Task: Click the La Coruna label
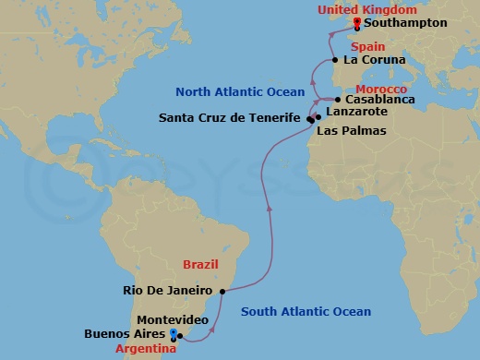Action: pyautogui.click(x=374, y=60)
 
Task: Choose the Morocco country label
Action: pyautogui.click(x=380, y=88)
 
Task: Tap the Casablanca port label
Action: pyautogui.click(x=380, y=100)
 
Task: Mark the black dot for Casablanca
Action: pyautogui.click(x=339, y=100)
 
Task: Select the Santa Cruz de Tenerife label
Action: pyautogui.click(x=230, y=118)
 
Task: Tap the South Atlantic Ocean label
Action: pyautogui.click(x=306, y=312)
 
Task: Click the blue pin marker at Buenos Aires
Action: pyautogui.click(x=173, y=331)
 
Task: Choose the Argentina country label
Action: pyautogui.click(x=145, y=347)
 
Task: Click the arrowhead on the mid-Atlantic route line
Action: pyautogui.click(x=269, y=208)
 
